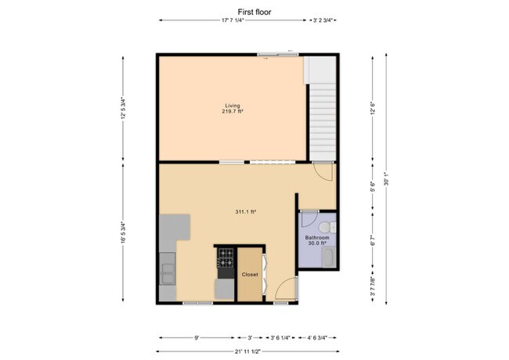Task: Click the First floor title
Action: (254, 13)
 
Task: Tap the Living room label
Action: (233, 106)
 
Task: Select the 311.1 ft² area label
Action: (246, 212)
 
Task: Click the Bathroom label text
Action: (317, 238)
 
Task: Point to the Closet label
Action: (250, 275)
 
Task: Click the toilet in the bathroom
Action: (327, 228)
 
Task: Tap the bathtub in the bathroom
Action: (329, 257)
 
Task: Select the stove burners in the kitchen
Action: (226, 257)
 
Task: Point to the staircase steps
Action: (323, 122)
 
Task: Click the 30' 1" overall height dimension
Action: (386, 179)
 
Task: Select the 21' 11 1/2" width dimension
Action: (247, 351)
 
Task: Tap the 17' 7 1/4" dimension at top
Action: (233, 20)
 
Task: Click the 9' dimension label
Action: (197, 338)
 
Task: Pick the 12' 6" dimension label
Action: (373, 109)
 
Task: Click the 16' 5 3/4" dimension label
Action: (123, 232)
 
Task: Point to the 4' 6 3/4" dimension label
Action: (317, 338)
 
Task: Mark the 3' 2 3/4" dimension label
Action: (323, 20)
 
